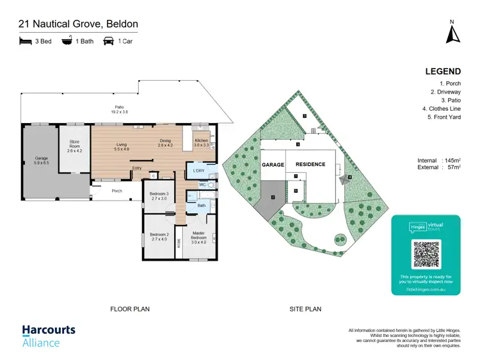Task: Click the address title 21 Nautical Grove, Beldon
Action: pyautogui.click(x=78, y=24)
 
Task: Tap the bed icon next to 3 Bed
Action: pyautogui.click(x=26, y=42)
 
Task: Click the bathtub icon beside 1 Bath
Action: pyautogui.click(x=67, y=42)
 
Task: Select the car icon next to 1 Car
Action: pyautogui.click(x=108, y=42)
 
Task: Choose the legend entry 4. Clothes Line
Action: pyautogui.click(x=441, y=109)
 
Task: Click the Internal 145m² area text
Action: pyautogui.click(x=438, y=160)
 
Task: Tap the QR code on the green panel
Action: pyautogui.click(x=426, y=254)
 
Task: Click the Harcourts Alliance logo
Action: pyautogui.click(x=49, y=336)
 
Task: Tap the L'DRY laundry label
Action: pyautogui.click(x=199, y=170)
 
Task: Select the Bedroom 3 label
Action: pyautogui.click(x=159, y=196)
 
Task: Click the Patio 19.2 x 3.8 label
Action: pyautogui.click(x=119, y=109)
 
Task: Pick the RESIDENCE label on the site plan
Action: pyautogui.click(x=310, y=165)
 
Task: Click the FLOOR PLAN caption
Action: pyautogui.click(x=130, y=309)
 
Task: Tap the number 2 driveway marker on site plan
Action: pyautogui.click(x=273, y=198)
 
